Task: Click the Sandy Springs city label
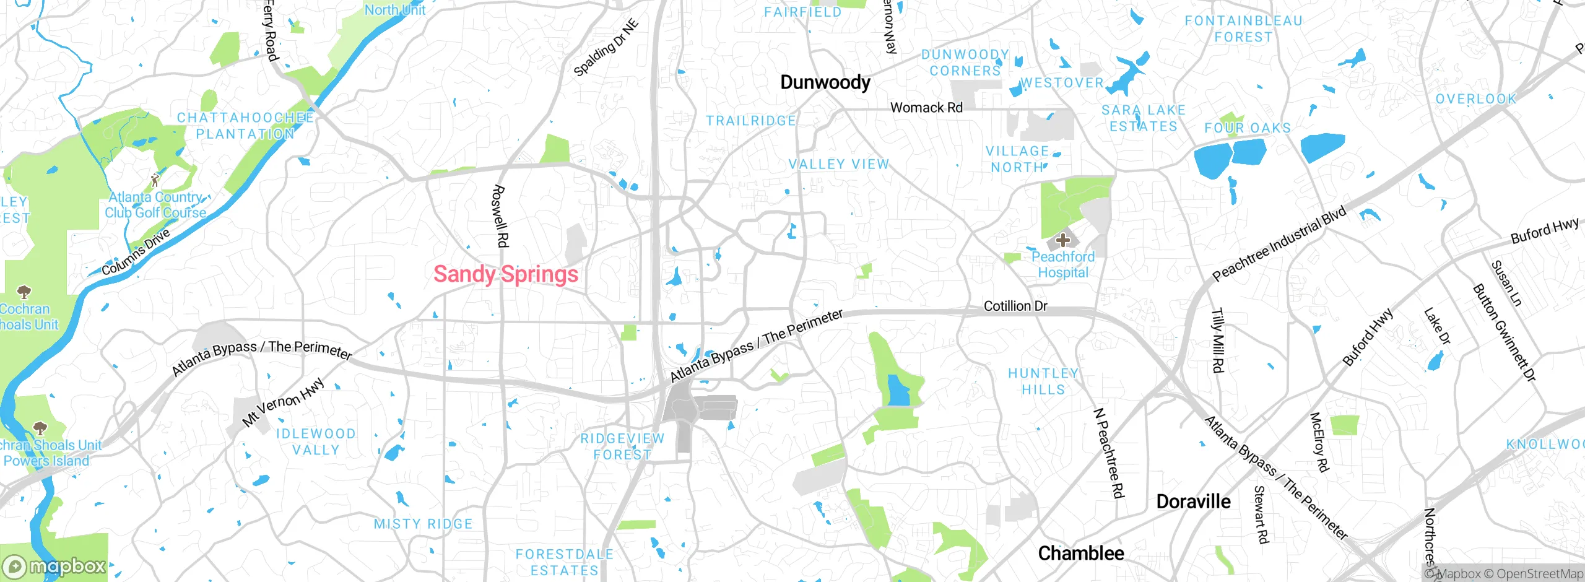pyautogui.click(x=505, y=274)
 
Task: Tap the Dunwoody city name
pyautogui.click(x=825, y=82)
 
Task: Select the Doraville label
pyautogui.click(x=1193, y=502)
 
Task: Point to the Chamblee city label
pyautogui.click(x=1080, y=553)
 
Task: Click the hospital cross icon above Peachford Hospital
pyautogui.click(x=1063, y=240)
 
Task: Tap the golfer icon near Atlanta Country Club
pyautogui.click(x=155, y=180)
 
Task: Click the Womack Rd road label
pyautogui.click(x=926, y=108)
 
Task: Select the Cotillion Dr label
pyautogui.click(x=1015, y=306)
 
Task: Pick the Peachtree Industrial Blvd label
pyautogui.click(x=1279, y=243)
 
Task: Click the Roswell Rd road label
pyautogui.click(x=500, y=216)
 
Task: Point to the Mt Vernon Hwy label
pyautogui.click(x=283, y=402)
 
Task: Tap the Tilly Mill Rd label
pyautogui.click(x=1217, y=341)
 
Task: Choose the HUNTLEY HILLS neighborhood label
pyautogui.click(x=1043, y=381)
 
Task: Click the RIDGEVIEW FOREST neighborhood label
pyautogui.click(x=622, y=446)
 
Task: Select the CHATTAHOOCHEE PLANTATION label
pyautogui.click(x=245, y=126)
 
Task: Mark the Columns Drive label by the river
pyautogui.click(x=136, y=252)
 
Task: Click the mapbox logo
pyautogui.click(x=54, y=567)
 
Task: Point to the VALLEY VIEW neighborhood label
pyautogui.click(x=838, y=164)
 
